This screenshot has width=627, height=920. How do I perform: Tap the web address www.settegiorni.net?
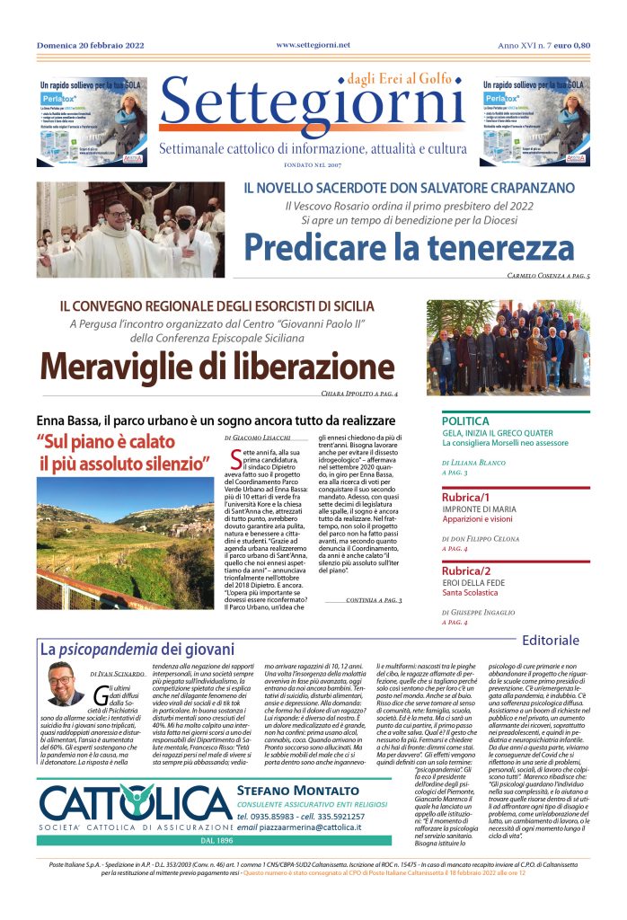coord(313,44)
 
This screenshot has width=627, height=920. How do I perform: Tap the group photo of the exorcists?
coord(508,348)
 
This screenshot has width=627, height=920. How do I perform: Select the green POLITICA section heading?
coord(465,420)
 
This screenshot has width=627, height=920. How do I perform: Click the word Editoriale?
coord(551,640)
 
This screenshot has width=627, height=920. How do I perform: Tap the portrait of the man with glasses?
coord(62,684)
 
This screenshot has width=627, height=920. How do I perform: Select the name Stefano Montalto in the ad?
coord(286,790)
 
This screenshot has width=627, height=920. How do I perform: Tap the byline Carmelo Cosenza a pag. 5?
coord(548,275)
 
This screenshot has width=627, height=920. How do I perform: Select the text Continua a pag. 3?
coord(373,599)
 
